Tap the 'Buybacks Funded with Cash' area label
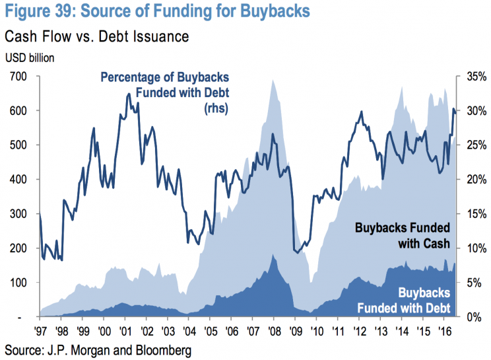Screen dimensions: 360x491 pos(403,236)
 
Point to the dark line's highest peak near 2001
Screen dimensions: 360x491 pos(127,94)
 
